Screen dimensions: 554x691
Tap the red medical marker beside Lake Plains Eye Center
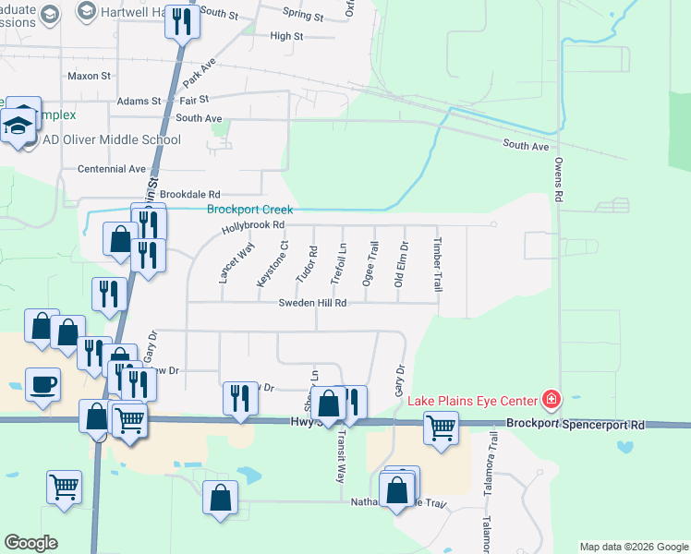(552, 399)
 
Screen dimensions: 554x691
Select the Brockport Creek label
(249, 210)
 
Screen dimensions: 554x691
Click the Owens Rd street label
(558, 179)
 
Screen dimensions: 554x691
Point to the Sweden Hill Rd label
(314, 303)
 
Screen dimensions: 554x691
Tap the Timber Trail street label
(438, 264)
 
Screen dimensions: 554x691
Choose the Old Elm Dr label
(402, 264)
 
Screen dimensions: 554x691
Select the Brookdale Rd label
(190, 195)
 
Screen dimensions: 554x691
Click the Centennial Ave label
(112, 169)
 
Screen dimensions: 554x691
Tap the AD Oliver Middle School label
(112, 140)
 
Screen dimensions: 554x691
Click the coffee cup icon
(43, 384)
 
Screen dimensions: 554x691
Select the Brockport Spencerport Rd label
(575, 425)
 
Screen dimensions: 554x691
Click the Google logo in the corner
(30, 543)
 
